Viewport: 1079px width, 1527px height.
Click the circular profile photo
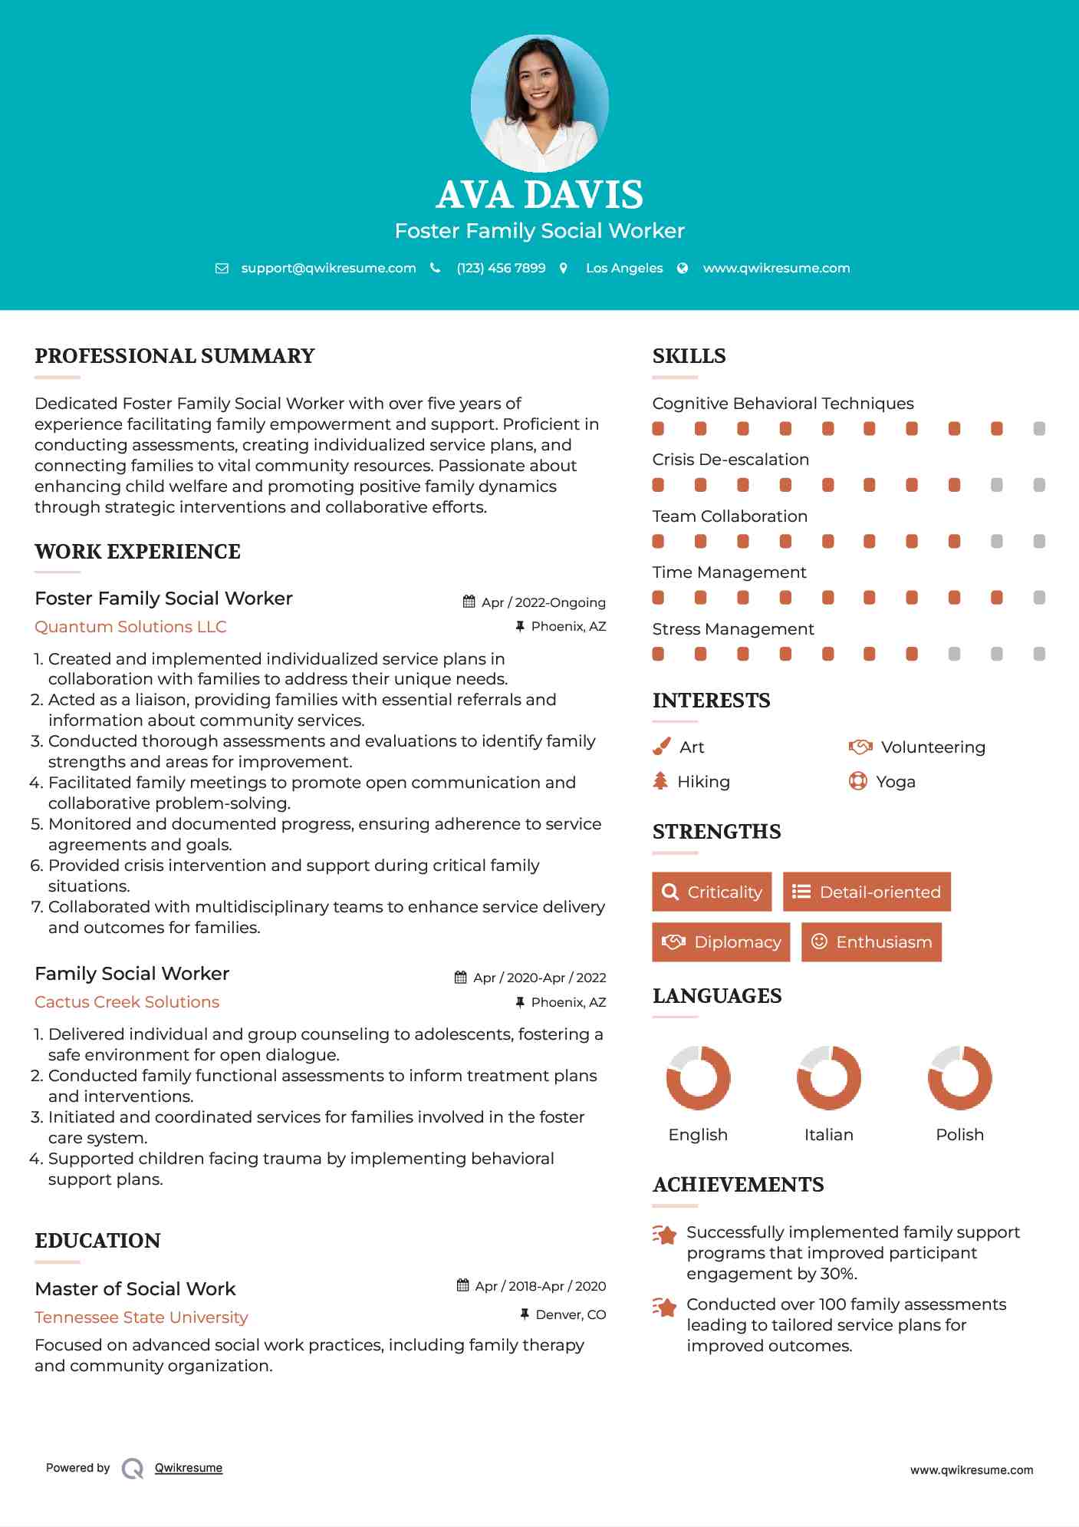pyautogui.click(x=539, y=103)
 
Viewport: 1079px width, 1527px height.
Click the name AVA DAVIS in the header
pyautogui.click(x=539, y=195)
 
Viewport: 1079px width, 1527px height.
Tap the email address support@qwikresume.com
pyautogui.click(x=328, y=268)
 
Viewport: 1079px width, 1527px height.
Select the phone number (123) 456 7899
pyautogui.click(x=501, y=268)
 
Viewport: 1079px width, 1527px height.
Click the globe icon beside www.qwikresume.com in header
pyautogui.click(x=683, y=268)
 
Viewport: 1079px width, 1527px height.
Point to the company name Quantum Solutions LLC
pyautogui.click(x=130, y=627)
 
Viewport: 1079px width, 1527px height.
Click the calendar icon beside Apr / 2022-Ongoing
pyautogui.click(x=469, y=602)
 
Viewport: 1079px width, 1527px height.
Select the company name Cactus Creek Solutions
pyautogui.click(x=127, y=1002)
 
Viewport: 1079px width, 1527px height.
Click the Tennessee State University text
pyautogui.click(x=141, y=1318)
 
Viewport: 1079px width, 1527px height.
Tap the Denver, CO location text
pyautogui.click(x=571, y=1314)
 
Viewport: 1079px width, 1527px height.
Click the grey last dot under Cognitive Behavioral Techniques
pyautogui.click(x=1038, y=429)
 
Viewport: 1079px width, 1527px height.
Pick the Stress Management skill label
pyautogui.click(x=732, y=629)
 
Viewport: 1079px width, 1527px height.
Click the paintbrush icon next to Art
pyautogui.click(x=661, y=747)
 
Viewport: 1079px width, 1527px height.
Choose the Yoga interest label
pyautogui.click(x=895, y=782)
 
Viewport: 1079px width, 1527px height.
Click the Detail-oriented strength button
pyautogui.click(x=867, y=892)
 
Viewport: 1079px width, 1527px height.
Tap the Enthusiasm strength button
pyautogui.click(x=871, y=942)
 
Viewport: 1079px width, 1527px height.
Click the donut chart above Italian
pyautogui.click(x=828, y=1077)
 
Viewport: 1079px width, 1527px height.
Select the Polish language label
pyautogui.click(x=959, y=1135)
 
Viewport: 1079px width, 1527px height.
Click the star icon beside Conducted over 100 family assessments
pyautogui.click(x=664, y=1307)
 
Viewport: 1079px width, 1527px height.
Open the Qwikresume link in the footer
pyautogui.click(x=189, y=1468)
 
